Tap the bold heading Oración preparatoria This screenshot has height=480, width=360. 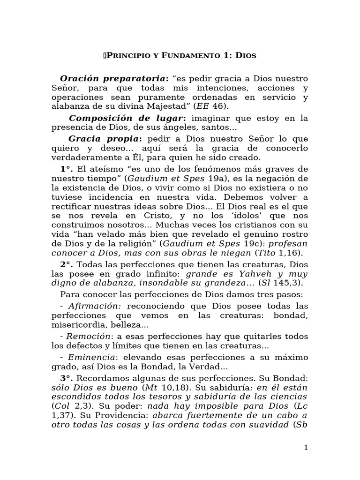[x=113, y=78]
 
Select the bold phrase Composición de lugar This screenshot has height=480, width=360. [x=127, y=119]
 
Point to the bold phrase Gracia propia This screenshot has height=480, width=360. [x=104, y=139]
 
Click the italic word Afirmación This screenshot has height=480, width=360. [x=90, y=306]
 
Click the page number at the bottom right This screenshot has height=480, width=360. [x=306, y=447]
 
